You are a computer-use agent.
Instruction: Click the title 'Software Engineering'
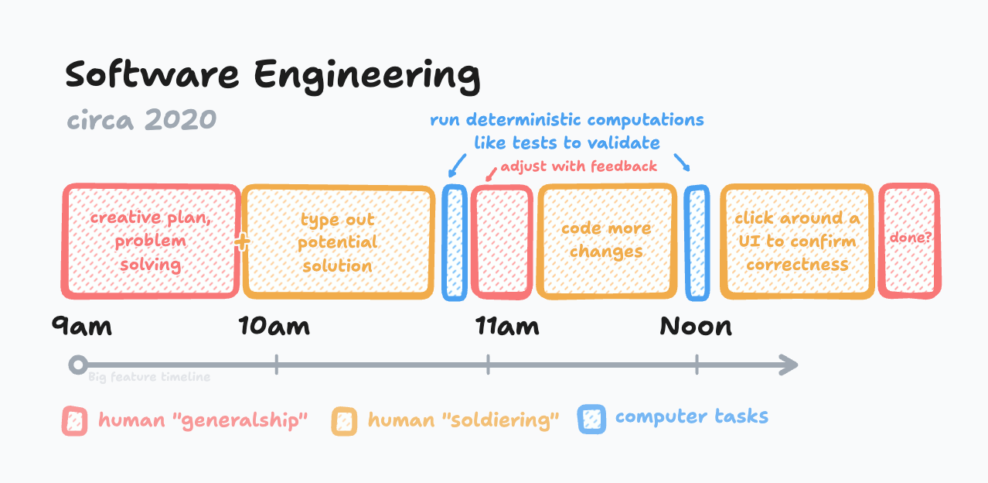click(272, 77)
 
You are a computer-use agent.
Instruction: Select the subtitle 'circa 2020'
click(141, 120)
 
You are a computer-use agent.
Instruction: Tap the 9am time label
click(82, 326)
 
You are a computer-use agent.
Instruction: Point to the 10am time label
click(274, 326)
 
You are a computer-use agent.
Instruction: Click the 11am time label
click(507, 326)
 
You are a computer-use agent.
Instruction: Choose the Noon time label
click(696, 326)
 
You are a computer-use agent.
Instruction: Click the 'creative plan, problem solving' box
click(151, 241)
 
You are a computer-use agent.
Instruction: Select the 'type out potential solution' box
click(338, 242)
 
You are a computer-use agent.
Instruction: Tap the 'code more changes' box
click(606, 241)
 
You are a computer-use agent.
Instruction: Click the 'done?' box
click(910, 240)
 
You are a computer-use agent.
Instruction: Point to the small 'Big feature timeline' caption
click(148, 378)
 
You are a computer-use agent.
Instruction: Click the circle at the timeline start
click(77, 365)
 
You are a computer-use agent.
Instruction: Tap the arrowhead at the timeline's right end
click(789, 365)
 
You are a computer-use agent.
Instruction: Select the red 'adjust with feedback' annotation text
click(578, 166)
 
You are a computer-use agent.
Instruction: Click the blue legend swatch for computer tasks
click(591, 419)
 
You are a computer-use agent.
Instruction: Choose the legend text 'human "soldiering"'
click(463, 420)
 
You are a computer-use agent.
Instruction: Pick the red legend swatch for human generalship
click(74, 421)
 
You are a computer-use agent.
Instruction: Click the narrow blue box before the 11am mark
click(455, 241)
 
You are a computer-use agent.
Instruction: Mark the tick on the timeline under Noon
click(697, 365)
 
